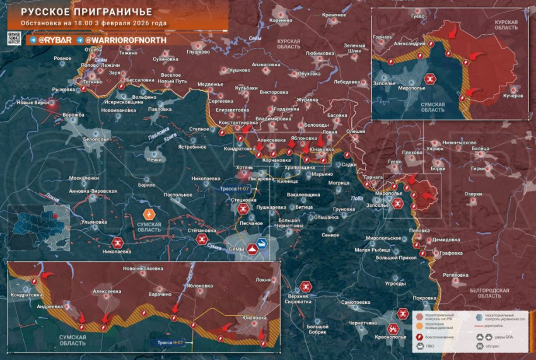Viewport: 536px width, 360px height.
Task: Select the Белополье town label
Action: coord(96,139)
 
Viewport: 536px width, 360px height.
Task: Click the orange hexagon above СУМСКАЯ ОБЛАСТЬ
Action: coord(149,213)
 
